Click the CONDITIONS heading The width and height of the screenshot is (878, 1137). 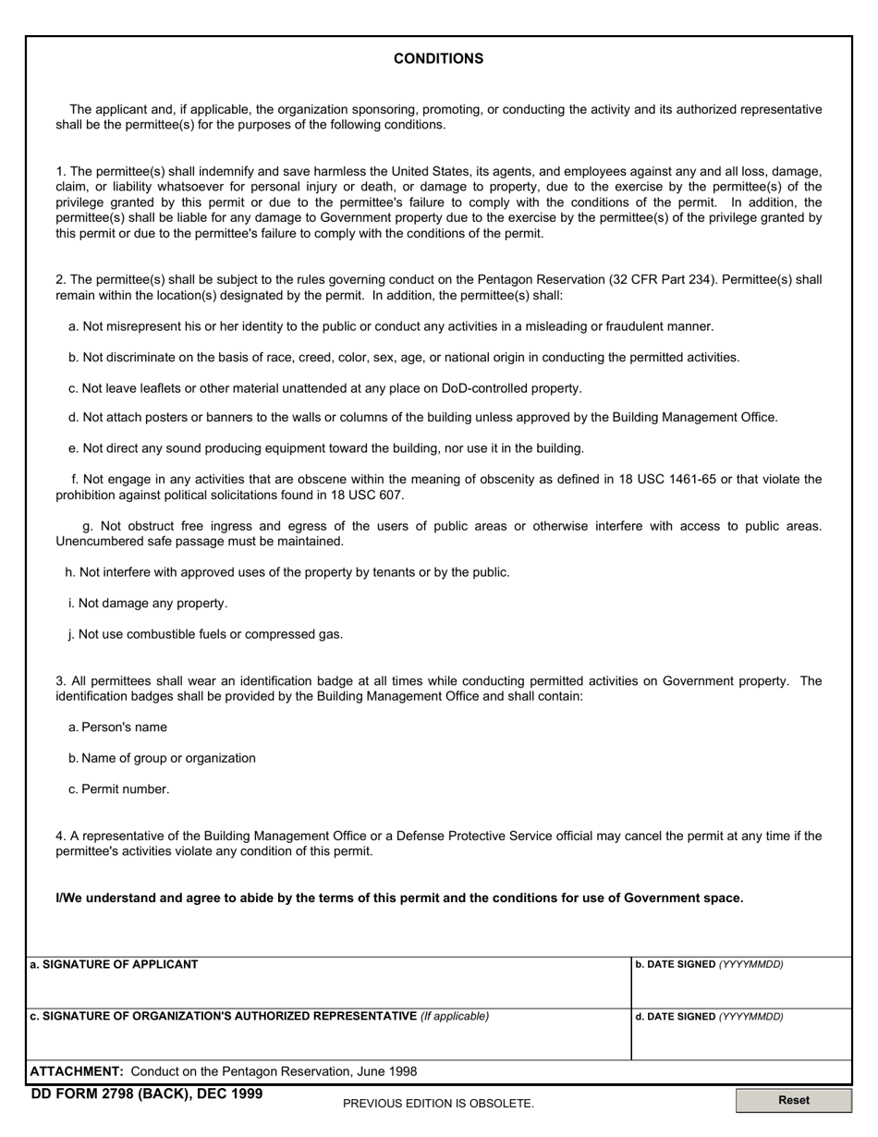[438, 59]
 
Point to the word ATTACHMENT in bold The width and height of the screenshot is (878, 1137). [77, 1071]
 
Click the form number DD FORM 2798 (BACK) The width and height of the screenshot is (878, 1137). [146, 1094]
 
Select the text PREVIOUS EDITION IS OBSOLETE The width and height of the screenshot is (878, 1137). [438, 1103]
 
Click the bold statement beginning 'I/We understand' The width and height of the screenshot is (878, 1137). [399, 898]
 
